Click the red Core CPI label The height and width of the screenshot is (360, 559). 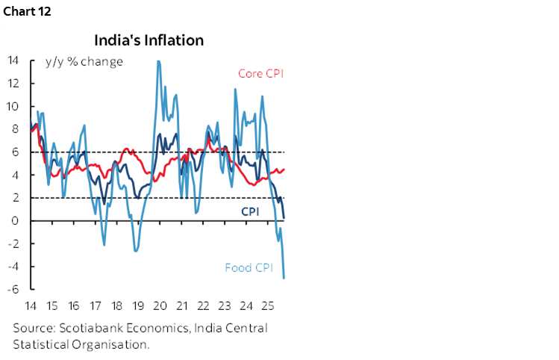coord(260,73)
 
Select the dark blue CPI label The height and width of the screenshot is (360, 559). coord(249,211)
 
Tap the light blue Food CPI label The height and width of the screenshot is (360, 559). coord(249,267)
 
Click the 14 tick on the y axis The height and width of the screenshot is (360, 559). coord(13,60)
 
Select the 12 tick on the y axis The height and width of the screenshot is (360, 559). coord(13,84)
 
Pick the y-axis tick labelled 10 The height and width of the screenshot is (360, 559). coord(13,106)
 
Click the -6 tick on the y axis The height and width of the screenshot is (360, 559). coord(13,290)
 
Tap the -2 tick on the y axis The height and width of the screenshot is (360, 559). coord(13,244)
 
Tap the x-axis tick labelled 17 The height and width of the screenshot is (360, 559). coord(95,306)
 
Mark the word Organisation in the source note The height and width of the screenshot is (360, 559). coord(107,344)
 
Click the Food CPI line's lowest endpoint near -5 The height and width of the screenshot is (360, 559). coord(284,278)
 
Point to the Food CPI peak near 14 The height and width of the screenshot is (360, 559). coord(158,61)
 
